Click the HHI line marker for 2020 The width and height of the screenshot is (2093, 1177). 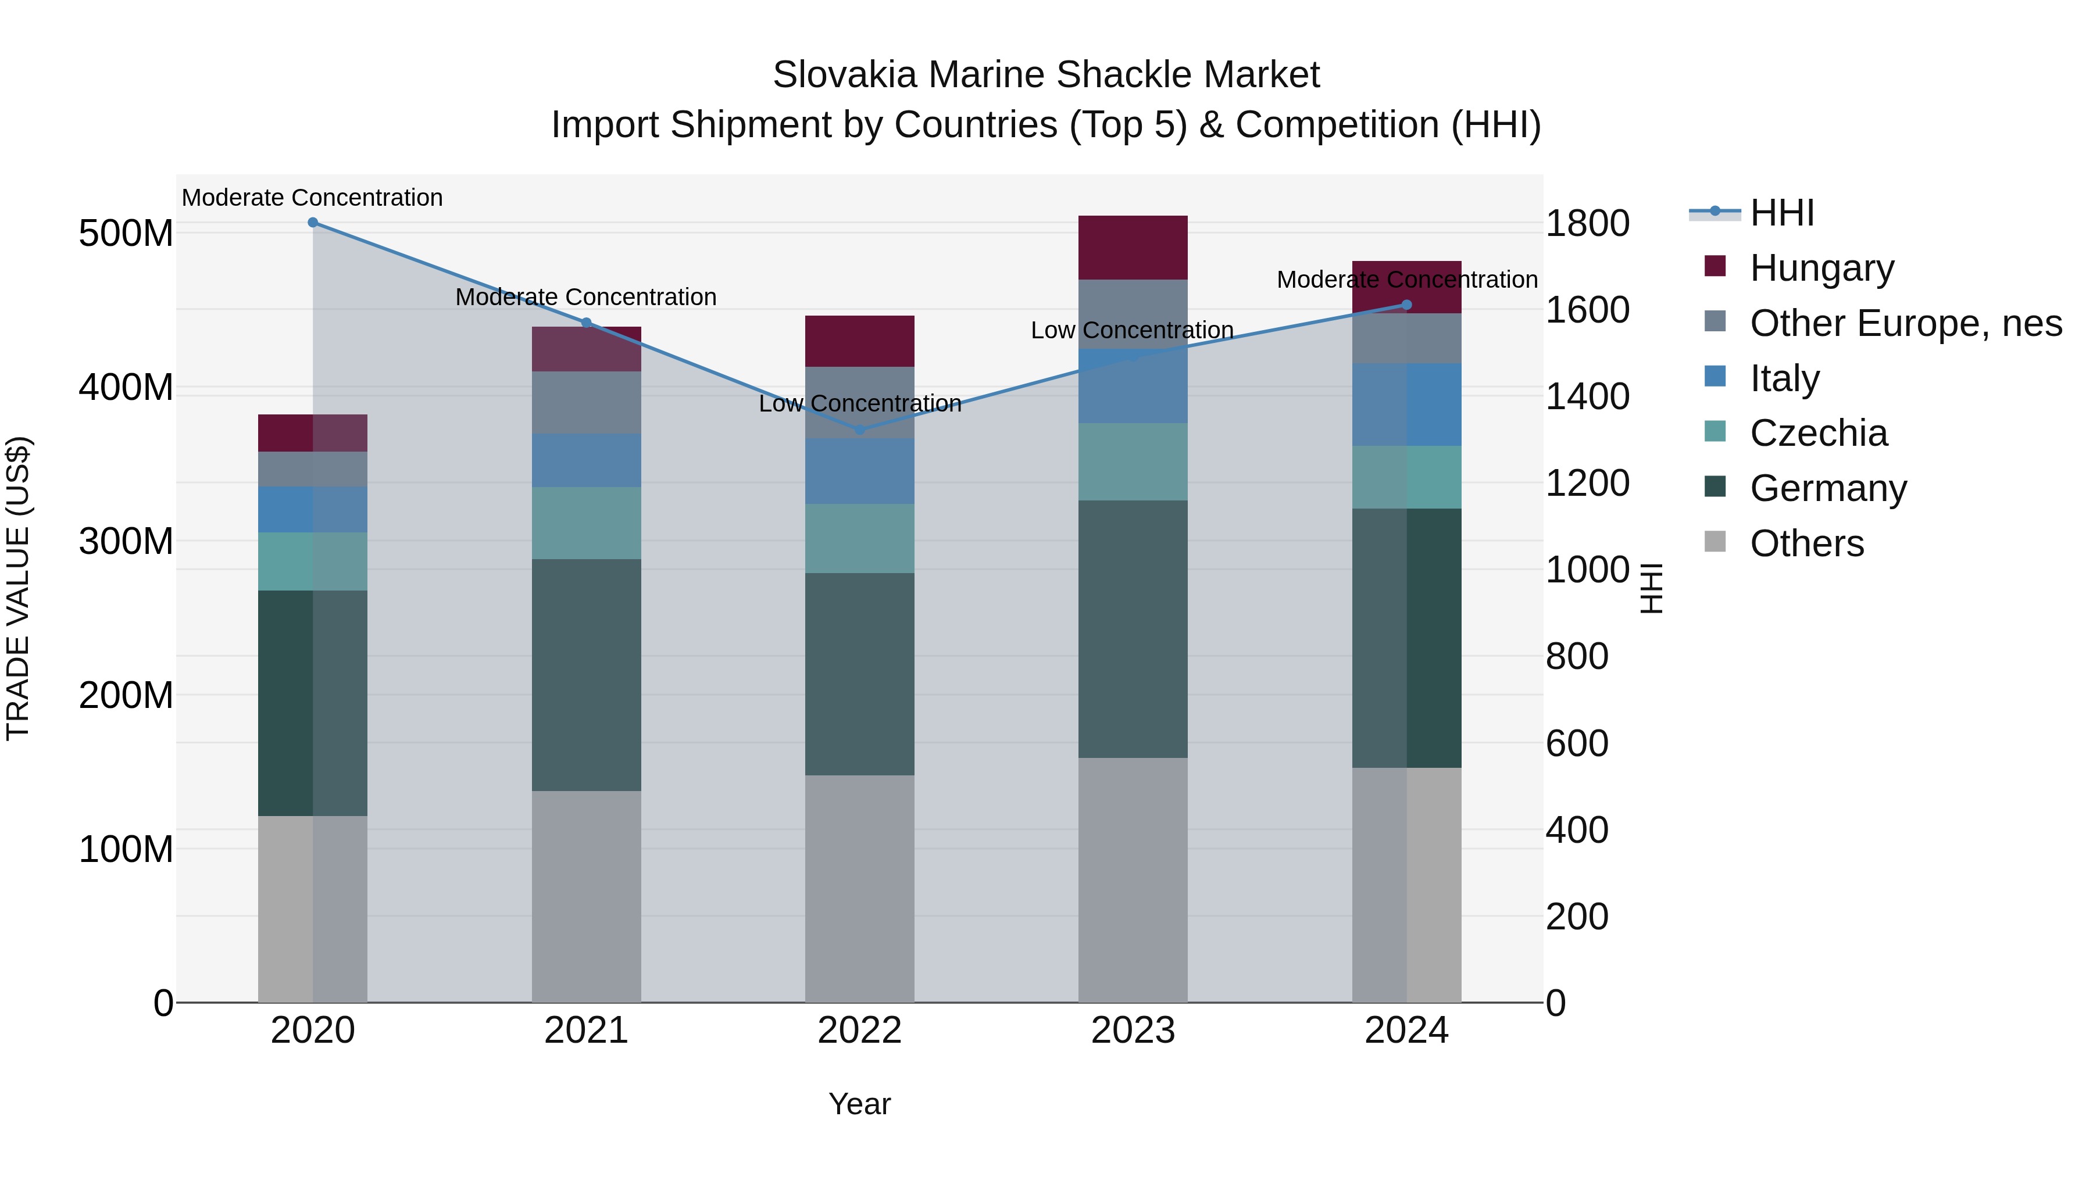tap(313, 223)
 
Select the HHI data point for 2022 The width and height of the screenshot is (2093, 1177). tap(860, 430)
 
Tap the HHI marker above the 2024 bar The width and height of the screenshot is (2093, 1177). tap(1406, 305)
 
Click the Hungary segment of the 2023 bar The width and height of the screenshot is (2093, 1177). tap(1133, 248)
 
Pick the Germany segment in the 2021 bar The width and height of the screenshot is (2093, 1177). tap(586, 674)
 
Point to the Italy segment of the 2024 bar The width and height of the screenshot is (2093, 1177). tap(1406, 405)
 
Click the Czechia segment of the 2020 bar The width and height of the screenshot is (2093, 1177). tap(313, 561)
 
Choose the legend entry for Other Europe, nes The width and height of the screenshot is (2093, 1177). tap(1905, 323)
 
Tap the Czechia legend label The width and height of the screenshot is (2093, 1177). tap(1819, 433)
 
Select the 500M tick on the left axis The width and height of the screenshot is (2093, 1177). tap(126, 234)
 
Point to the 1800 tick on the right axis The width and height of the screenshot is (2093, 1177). tap(1587, 224)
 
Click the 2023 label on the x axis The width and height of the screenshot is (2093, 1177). tap(1133, 1031)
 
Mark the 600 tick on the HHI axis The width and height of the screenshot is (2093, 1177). tap(1576, 744)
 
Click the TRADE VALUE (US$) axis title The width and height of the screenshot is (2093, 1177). tap(18, 588)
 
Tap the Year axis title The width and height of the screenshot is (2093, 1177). tap(860, 1104)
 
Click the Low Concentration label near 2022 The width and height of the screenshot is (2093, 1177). tap(860, 404)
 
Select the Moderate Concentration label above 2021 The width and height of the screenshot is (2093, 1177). tap(586, 297)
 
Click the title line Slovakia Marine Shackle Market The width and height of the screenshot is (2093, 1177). tap(1046, 75)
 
